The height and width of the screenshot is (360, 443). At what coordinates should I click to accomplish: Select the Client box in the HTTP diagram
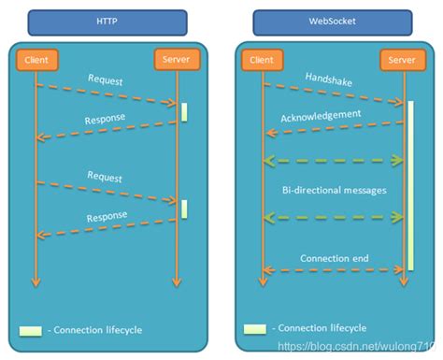(x=36, y=61)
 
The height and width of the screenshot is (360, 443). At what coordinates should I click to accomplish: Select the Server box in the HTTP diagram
(x=176, y=61)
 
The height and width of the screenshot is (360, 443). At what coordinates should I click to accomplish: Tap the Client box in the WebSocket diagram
(x=263, y=61)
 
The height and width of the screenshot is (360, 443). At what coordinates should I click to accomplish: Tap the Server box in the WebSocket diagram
(x=403, y=61)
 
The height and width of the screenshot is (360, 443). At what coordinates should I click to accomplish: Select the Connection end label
(x=333, y=257)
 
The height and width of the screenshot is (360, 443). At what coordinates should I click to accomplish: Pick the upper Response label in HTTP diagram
(x=106, y=119)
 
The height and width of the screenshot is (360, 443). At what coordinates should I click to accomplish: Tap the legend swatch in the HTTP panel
(x=31, y=330)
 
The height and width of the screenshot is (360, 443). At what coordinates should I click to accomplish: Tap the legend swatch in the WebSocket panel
(x=255, y=329)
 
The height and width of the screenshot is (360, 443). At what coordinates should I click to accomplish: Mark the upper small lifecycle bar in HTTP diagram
(x=184, y=111)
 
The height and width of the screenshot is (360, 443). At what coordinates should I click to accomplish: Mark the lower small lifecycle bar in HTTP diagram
(x=184, y=209)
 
